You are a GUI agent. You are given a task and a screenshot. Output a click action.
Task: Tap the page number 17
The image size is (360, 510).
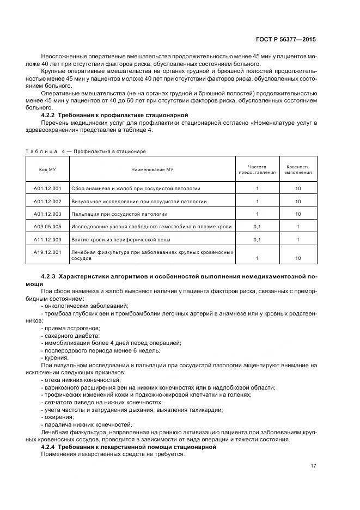tap(312, 465)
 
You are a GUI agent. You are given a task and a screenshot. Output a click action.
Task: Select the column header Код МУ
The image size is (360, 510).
tap(47, 169)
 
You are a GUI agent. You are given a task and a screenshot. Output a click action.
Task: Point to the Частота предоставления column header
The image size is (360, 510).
tap(257, 169)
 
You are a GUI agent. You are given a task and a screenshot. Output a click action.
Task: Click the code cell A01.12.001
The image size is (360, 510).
tap(47, 189)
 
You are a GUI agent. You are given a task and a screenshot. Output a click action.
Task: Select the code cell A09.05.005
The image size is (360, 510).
tap(47, 226)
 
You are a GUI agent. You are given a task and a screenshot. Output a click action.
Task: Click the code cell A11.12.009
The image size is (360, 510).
tap(47, 239)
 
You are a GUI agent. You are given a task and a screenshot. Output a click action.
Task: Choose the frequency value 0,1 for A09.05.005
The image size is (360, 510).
tap(257, 226)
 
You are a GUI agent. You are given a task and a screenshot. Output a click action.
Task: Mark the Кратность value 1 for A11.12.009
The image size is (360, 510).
tap(298, 239)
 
